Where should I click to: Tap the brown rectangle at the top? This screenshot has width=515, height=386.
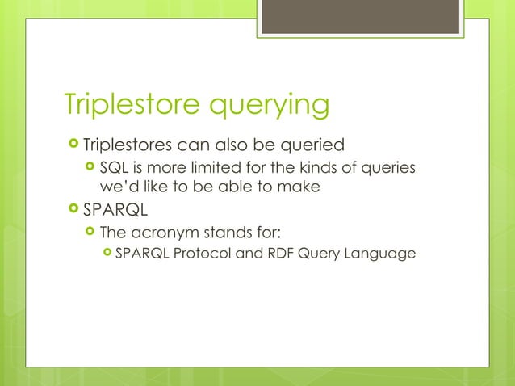359,16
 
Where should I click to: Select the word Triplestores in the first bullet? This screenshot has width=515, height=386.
132,145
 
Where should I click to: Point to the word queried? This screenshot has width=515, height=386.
312,146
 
